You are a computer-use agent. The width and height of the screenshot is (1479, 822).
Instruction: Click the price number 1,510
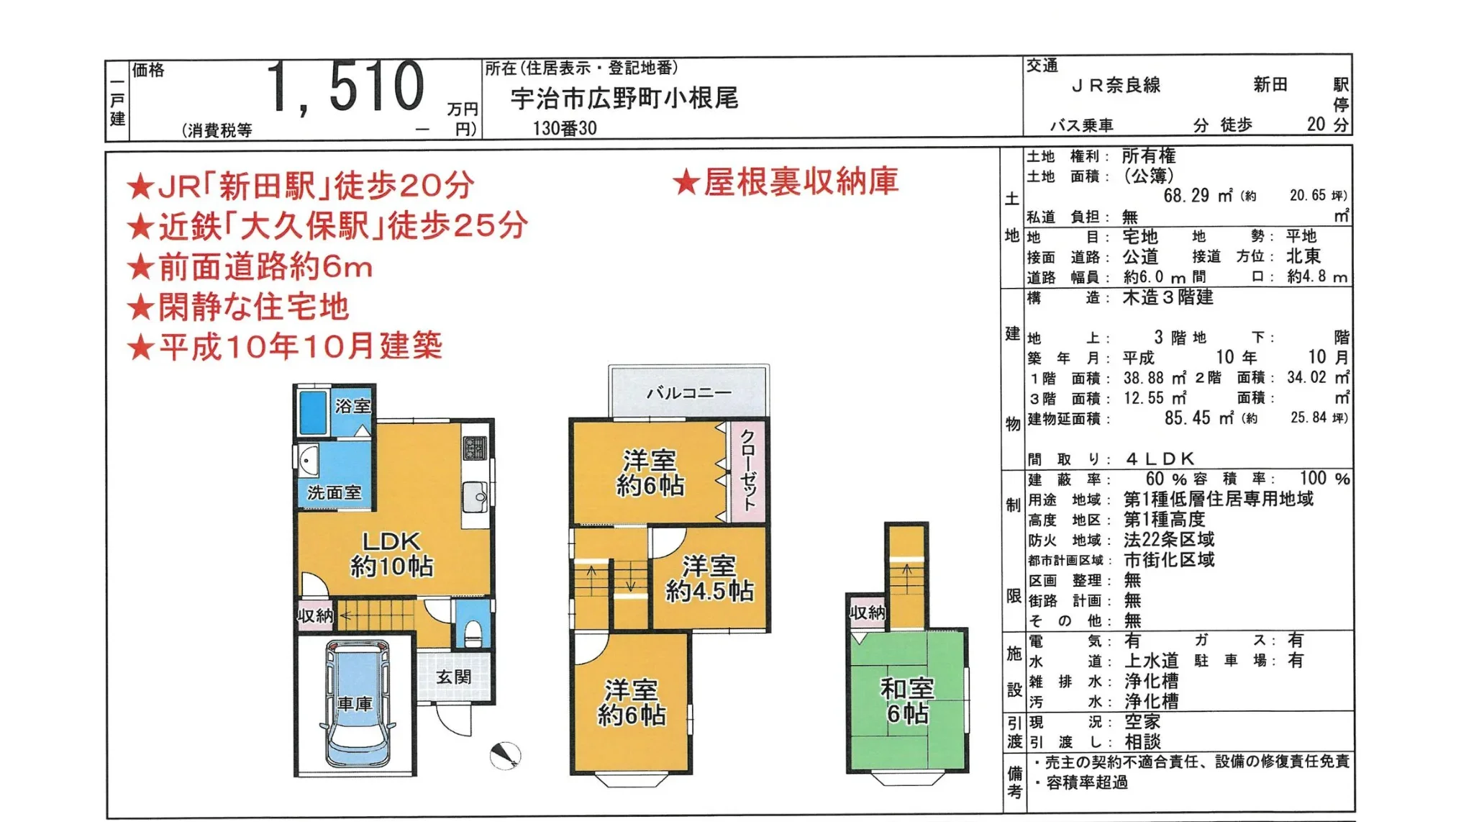(346, 88)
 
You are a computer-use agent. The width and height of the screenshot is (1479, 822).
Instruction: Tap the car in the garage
(357, 704)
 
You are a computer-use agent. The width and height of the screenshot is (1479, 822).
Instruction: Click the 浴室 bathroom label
(352, 406)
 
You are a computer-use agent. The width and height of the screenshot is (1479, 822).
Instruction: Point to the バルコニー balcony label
(688, 393)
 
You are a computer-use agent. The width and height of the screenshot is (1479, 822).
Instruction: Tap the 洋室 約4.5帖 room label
(709, 578)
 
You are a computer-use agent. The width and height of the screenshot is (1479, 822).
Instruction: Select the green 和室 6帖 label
(907, 700)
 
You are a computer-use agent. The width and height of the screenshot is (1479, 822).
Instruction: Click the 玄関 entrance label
(454, 677)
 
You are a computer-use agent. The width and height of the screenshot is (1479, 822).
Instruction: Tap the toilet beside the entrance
(473, 632)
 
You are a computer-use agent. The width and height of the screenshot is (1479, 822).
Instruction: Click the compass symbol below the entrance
(505, 755)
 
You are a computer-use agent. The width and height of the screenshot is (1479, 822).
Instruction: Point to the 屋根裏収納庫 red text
(786, 181)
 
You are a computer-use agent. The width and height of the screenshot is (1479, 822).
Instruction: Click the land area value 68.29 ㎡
(1198, 196)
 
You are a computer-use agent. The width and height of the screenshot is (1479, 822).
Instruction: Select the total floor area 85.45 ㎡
(1198, 417)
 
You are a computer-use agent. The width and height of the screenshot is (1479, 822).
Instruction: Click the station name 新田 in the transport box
(1270, 85)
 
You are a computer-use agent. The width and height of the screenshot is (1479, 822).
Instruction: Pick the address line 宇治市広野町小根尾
(624, 99)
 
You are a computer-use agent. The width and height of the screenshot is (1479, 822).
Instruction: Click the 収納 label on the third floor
(867, 613)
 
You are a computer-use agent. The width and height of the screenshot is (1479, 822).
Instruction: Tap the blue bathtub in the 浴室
(313, 412)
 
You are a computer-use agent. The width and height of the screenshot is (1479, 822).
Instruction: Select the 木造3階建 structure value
(1168, 297)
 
